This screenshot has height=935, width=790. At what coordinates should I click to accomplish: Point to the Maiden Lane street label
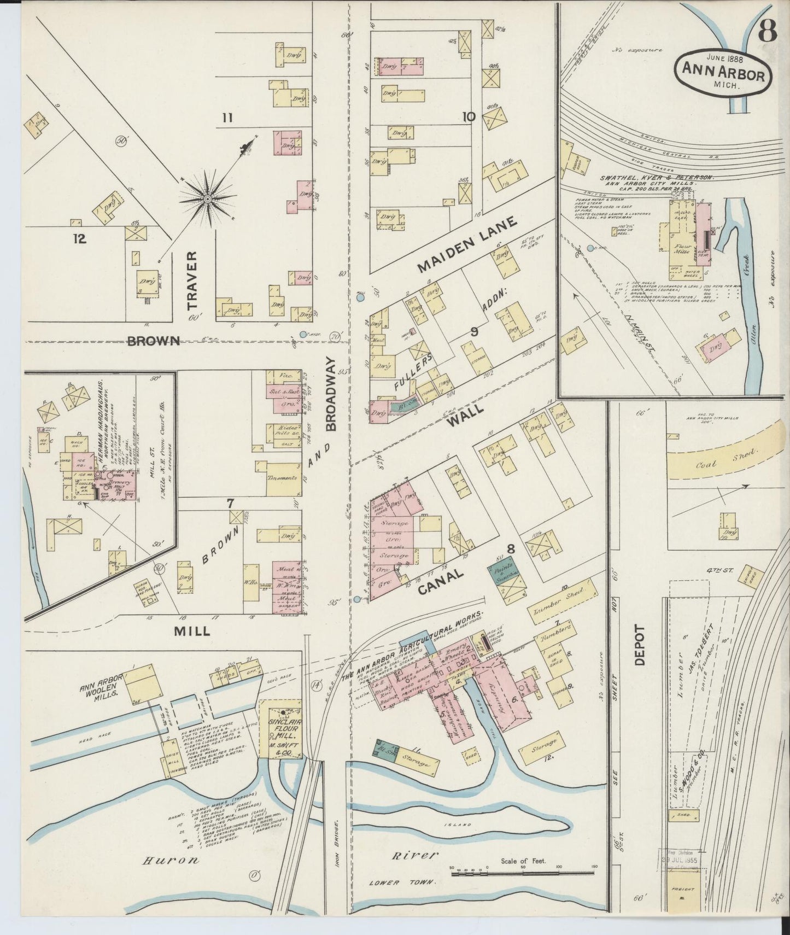point(467,244)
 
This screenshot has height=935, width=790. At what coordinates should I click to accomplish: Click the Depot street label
point(641,645)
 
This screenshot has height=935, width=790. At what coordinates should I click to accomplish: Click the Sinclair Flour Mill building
point(279,729)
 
